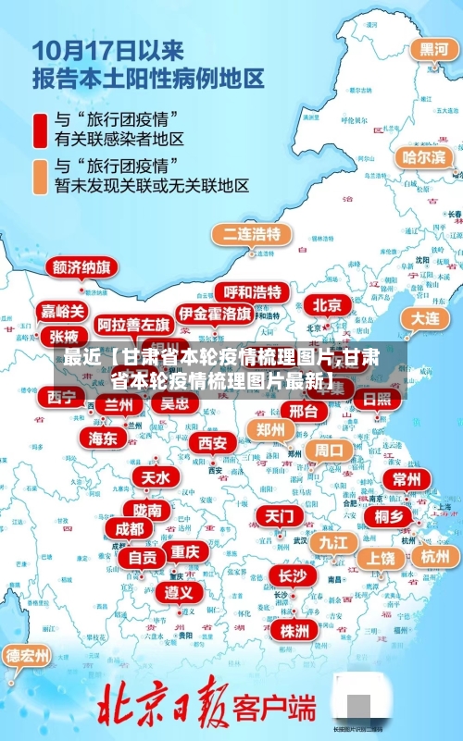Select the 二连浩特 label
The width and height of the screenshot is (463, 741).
tap(251, 234)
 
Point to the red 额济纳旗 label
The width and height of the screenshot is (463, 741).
tap(81, 268)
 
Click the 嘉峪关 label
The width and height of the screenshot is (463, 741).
tap(63, 311)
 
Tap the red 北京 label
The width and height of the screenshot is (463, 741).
tap(326, 304)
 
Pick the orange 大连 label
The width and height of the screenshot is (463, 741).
tap(426, 317)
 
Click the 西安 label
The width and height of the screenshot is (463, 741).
tap(213, 443)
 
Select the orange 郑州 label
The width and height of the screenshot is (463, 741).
tap(270, 430)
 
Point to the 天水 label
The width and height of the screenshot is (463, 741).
tap(156, 477)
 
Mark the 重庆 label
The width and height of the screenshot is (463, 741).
tap(185, 551)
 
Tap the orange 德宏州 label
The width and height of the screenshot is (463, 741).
tap(28, 656)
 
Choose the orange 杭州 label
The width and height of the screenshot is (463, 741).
tap(434, 557)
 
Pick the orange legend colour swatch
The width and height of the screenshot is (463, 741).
tap(40, 175)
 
